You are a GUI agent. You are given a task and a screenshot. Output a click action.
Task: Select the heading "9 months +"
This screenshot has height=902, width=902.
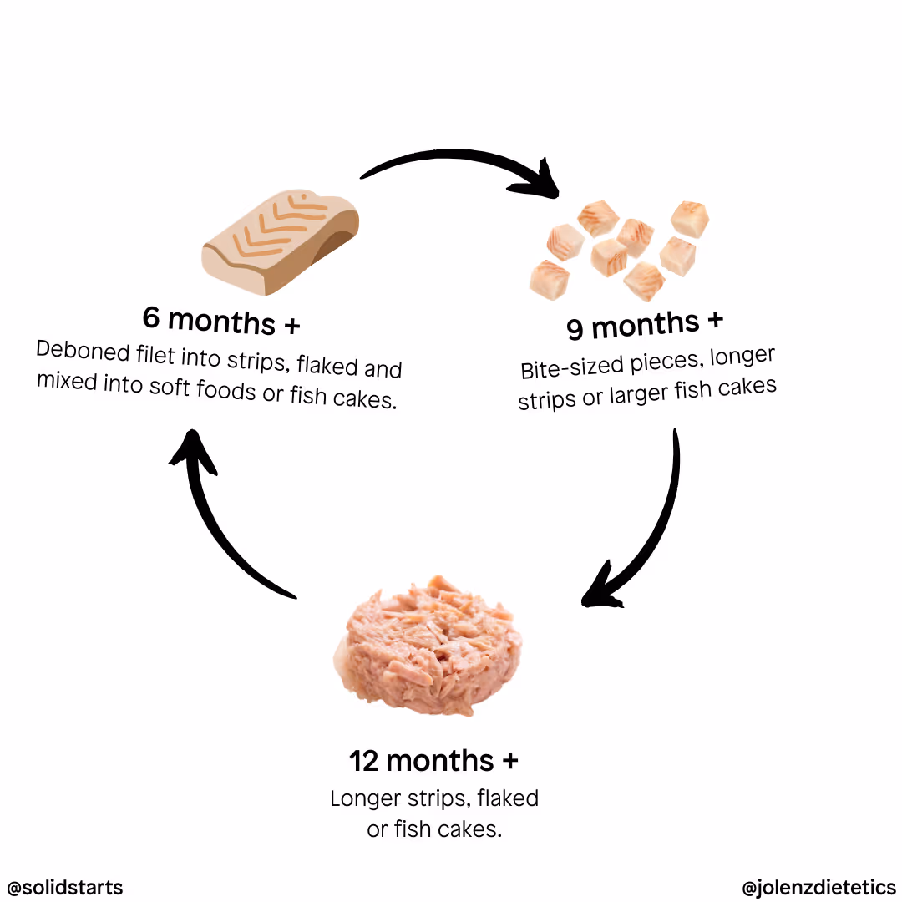645,324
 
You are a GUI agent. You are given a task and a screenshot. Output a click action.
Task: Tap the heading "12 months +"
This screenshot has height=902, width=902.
433,761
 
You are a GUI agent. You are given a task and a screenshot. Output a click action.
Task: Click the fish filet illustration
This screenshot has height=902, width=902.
281,239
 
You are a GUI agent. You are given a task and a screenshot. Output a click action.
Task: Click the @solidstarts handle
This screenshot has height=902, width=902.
65,886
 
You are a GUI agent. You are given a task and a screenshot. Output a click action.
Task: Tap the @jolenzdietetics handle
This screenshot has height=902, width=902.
818,886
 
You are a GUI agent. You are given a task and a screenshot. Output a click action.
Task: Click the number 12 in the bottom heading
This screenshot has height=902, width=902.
364,761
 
